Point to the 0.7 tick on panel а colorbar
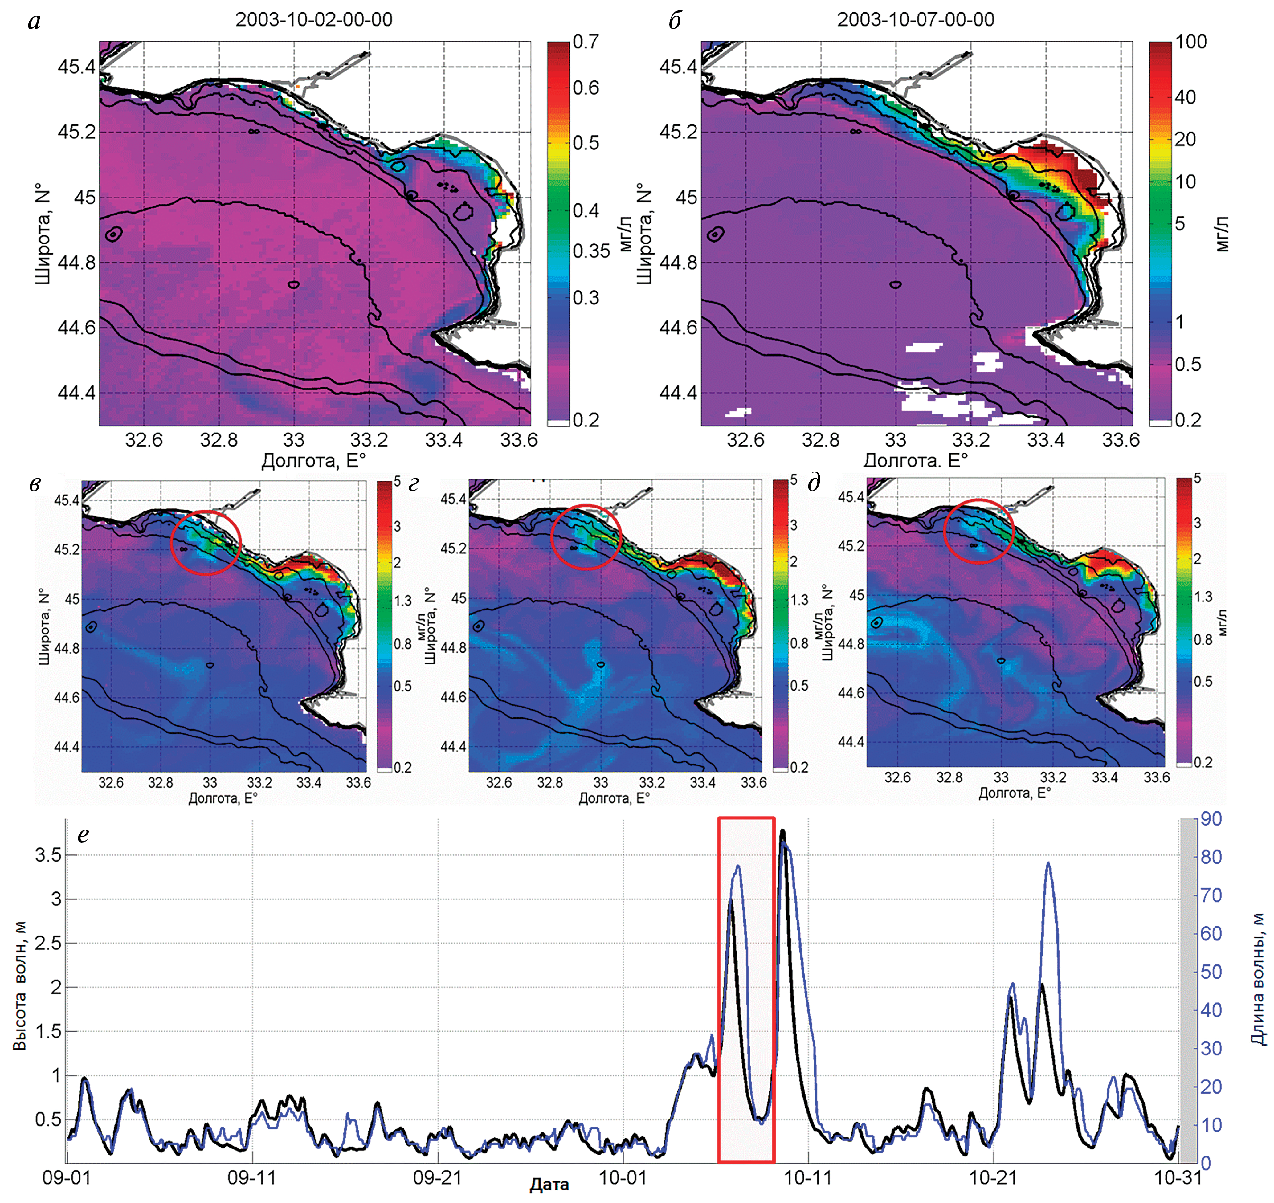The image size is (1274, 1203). [586, 42]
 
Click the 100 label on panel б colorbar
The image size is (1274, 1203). [1191, 42]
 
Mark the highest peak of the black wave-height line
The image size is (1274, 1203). [782, 832]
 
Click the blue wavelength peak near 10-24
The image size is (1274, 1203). [1048, 863]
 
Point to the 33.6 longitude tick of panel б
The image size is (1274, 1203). [1121, 440]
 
